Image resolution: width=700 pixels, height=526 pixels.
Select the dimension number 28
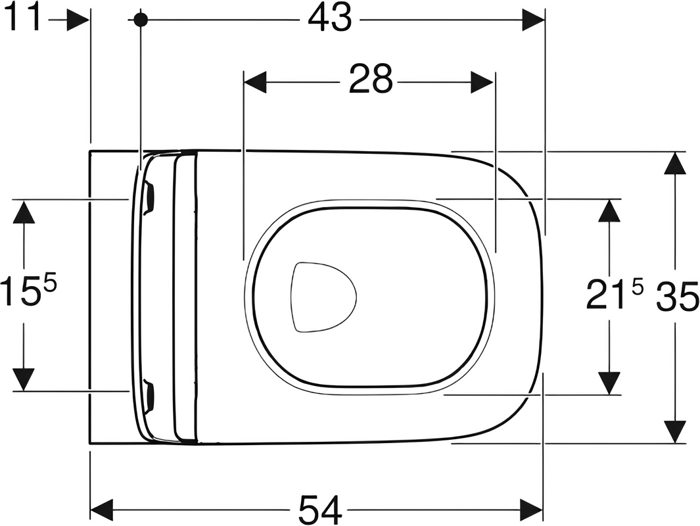click(371, 79)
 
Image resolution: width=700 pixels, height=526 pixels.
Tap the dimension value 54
click(321, 510)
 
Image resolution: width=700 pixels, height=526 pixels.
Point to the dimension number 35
click(677, 297)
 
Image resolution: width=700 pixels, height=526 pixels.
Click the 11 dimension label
click(24, 18)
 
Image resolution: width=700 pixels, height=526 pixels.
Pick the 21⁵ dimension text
click(615, 293)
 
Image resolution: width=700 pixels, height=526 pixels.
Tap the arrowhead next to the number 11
click(78, 20)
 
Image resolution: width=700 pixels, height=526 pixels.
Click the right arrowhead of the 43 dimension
click(534, 20)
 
